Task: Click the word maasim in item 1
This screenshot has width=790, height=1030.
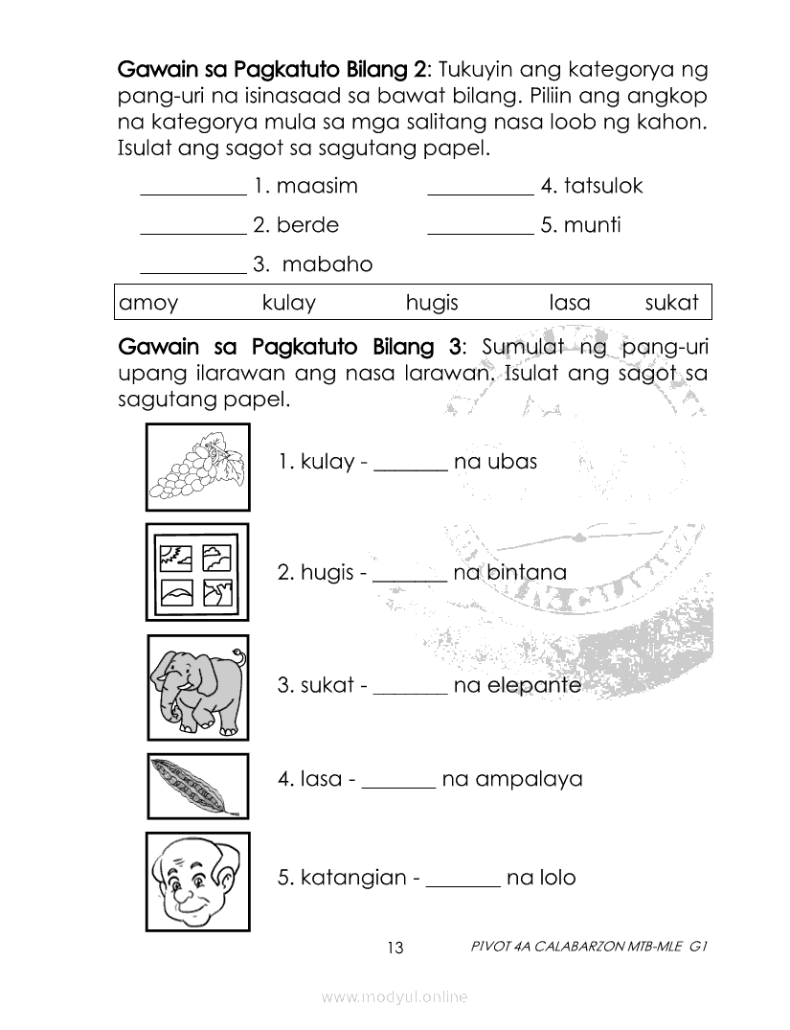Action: (317, 186)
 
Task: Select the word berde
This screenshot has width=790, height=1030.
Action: (307, 225)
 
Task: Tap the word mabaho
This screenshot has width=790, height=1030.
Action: (327, 264)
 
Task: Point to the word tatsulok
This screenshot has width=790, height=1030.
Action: (603, 186)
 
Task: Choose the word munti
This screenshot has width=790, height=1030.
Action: (593, 225)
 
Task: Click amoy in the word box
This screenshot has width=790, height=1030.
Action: (148, 304)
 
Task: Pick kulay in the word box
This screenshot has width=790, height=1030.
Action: (288, 304)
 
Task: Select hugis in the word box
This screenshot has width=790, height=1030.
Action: (432, 304)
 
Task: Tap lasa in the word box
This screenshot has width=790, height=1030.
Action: (570, 304)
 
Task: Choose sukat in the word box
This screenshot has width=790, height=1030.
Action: (672, 304)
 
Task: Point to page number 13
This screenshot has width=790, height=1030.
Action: (395, 949)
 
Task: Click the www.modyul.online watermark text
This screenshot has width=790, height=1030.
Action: (395, 997)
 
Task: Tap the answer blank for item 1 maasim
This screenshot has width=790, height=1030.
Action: (192, 190)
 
